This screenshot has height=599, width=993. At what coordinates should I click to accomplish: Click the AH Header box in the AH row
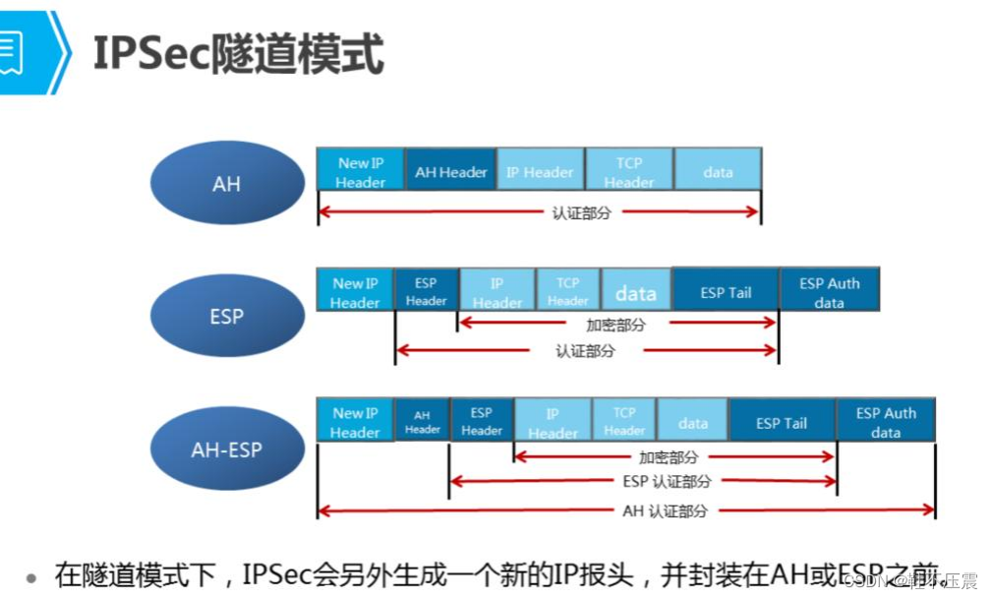point(450,171)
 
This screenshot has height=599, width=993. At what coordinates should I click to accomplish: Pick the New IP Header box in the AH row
point(360,171)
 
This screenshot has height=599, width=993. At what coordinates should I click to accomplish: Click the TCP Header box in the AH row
point(629,171)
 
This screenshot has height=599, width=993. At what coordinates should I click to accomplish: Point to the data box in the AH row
point(718,171)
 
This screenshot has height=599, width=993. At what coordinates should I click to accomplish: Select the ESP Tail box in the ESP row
point(726,292)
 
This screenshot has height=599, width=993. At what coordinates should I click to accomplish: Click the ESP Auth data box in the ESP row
point(829,292)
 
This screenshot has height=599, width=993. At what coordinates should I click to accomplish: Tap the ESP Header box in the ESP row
point(426,292)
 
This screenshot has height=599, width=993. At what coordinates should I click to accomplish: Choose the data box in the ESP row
point(636,292)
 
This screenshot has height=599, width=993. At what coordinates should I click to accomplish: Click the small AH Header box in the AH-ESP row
point(422,422)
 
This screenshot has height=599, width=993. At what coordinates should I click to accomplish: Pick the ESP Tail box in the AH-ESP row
point(782,422)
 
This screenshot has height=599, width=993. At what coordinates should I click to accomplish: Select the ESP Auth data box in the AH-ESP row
point(885,422)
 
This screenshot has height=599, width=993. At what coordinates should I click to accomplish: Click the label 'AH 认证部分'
point(665,511)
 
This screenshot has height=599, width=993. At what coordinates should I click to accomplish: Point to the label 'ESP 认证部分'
point(666,482)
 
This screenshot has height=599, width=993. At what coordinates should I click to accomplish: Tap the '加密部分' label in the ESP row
point(615,325)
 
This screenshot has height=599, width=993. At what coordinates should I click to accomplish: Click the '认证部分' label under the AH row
point(581,212)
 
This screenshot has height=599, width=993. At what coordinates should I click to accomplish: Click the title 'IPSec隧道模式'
point(237,53)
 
